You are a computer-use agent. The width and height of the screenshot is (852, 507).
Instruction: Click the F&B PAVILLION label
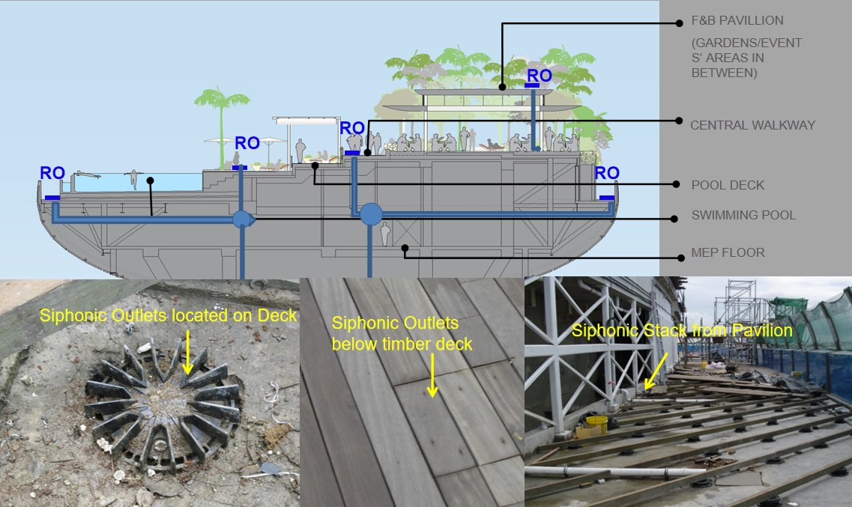click(x=737, y=21)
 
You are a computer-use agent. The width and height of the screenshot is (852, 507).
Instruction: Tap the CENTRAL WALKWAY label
click(x=752, y=125)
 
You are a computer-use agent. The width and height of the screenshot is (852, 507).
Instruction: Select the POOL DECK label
click(x=728, y=185)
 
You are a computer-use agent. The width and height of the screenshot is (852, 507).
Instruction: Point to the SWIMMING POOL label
click(x=743, y=215)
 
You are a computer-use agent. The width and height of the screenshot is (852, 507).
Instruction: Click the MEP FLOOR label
click(x=728, y=252)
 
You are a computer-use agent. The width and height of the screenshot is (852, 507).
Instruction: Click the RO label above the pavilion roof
click(x=539, y=76)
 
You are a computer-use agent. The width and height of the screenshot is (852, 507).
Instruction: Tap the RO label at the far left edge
click(x=52, y=173)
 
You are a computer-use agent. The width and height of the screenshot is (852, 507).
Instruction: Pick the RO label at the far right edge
click(x=607, y=173)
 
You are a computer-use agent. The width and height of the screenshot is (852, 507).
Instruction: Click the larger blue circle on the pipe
click(x=371, y=214)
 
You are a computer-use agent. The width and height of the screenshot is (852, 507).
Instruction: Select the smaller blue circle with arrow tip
click(x=244, y=219)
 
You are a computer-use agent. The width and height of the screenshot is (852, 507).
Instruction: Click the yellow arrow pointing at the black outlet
click(x=187, y=353)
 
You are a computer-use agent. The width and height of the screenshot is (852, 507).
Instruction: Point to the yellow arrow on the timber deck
click(x=432, y=376)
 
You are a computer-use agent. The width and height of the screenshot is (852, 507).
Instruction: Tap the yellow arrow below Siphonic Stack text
click(x=656, y=372)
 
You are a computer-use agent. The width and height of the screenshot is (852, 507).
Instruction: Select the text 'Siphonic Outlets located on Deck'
click(x=169, y=315)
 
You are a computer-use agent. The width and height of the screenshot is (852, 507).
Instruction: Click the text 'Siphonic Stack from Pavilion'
click(x=682, y=330)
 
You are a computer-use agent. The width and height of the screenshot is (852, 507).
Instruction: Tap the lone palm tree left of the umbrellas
click(x=223, y=127)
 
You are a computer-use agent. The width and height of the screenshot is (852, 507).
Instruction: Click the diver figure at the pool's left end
click(x=87, y=175)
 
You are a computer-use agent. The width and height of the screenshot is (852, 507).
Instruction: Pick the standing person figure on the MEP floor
click(x=385, y=234)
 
